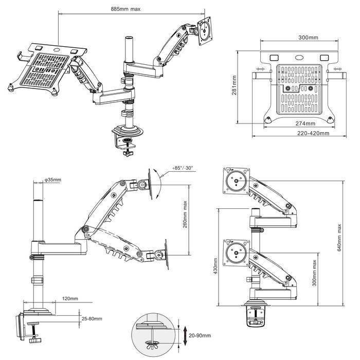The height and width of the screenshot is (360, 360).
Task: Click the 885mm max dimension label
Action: click(x=125, y=9)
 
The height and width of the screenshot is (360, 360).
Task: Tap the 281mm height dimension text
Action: click(x=234, y=85)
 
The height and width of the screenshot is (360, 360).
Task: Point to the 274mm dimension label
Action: click(x=305, y=123)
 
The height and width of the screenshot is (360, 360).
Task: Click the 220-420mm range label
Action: click(x=313, y=133)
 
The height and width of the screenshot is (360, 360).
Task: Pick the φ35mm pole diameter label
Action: click(x=53, y=179)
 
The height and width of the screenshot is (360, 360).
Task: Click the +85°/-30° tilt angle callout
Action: click(x=183, y=168)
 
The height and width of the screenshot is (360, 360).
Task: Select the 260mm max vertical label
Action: click(x=185, y=214)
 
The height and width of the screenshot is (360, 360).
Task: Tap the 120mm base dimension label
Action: click(x=70, y=298)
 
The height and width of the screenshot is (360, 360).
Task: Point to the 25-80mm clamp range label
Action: click(x=92, y=319)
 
